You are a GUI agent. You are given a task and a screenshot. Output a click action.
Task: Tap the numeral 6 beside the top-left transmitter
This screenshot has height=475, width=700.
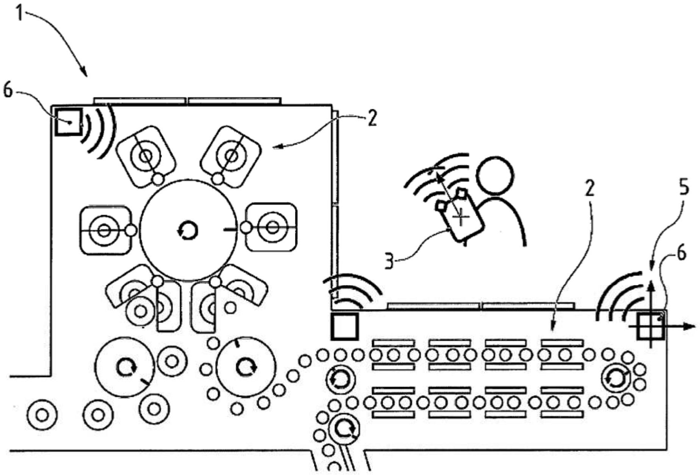[x=8, y=91]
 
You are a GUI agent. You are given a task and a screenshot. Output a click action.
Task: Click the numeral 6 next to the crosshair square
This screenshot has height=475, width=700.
[x=681, y=253]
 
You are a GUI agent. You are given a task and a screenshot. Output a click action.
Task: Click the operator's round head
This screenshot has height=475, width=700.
[x=495, y=175]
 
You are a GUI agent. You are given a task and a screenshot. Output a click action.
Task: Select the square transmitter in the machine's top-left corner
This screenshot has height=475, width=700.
[x=68, y=122]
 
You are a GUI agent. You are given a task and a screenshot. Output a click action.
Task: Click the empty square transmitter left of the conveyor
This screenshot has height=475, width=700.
[x=344, y=326]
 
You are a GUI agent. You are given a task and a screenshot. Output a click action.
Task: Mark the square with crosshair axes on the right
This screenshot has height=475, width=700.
[x=651, y=326]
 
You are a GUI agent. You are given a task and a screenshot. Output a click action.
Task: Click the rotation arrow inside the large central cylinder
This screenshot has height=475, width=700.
[x=188, y=230]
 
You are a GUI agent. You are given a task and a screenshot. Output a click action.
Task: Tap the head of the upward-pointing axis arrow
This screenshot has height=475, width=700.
[x=651, y=284]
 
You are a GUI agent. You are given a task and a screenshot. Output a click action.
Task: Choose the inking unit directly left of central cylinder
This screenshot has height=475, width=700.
[x=104, y=230]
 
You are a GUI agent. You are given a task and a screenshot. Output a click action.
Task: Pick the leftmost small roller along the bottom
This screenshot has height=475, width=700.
[x=42, y=415]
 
